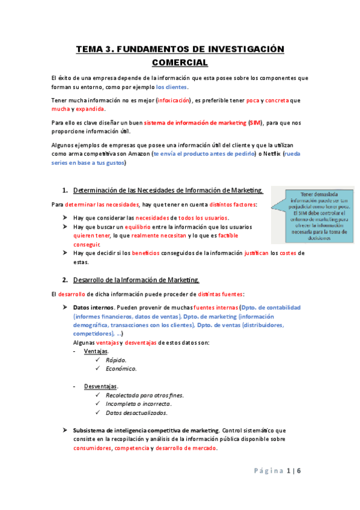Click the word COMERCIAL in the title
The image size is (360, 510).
point(180,63)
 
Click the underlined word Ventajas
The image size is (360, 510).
point(96,351)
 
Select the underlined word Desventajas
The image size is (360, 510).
point(101,386)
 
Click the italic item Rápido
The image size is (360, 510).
point(116,360)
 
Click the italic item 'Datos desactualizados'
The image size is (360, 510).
point(136,413)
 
